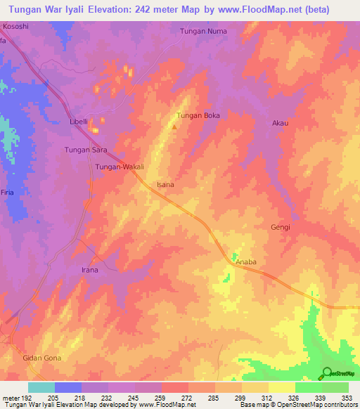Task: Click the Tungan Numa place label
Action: point(202,31)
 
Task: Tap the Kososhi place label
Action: point(16,26)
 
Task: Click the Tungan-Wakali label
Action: point(120,167)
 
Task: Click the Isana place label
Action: point(165,185)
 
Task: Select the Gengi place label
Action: point(281,227)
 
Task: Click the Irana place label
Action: point(89,270)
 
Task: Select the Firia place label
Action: point(7,193)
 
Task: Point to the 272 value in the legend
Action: point(188,397)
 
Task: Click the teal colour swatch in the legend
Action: point(41,387)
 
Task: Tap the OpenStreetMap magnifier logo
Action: point(327,372)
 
